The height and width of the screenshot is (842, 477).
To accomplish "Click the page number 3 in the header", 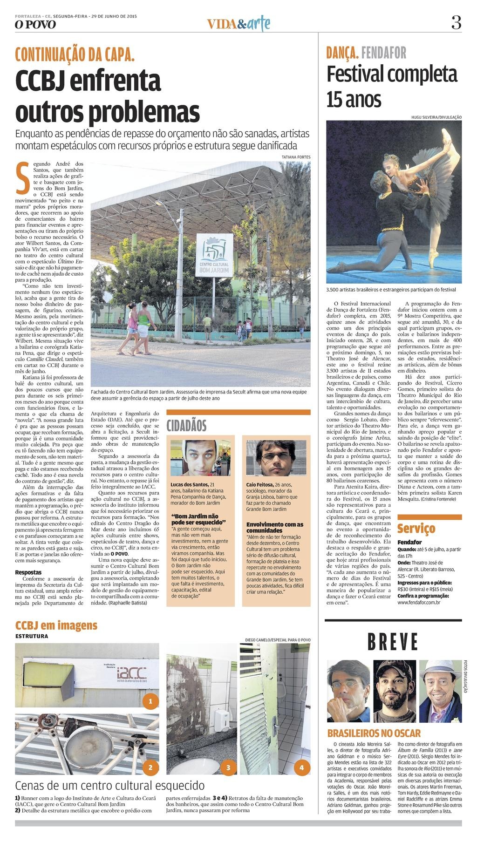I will (x=456, y=22).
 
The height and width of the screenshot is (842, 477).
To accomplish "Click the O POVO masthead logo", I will (x=35, y=24).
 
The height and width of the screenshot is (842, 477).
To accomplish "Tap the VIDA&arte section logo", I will (x=238, y=23).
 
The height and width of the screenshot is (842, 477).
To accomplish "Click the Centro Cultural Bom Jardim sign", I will (x=214, y=255).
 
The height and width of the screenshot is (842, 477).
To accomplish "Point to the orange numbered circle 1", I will (x=150, y=701).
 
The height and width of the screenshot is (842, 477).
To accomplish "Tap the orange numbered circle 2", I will (x=150, y=767).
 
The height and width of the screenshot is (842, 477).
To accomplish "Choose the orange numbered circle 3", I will (x=228, y=767).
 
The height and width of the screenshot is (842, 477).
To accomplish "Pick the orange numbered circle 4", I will (x=301, y=767).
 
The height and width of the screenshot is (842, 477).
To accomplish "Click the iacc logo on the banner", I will (x=132, y=673).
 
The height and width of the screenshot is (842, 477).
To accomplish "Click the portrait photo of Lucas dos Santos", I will (x=200, y=457).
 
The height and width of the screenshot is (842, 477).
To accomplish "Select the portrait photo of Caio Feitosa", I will (x=276, y=457).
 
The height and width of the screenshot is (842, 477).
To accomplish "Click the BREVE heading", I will (x=393, y=642).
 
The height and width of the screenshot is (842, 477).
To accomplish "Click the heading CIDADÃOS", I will (x=186, y=425).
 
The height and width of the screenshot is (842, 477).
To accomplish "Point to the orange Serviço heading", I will (x=416, y=529).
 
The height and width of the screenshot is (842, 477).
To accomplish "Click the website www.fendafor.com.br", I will (x=419, y=603).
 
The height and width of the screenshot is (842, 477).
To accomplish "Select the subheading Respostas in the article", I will (x=28, y=572).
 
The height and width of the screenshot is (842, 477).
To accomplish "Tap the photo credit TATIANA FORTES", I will (x=296, y=157).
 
